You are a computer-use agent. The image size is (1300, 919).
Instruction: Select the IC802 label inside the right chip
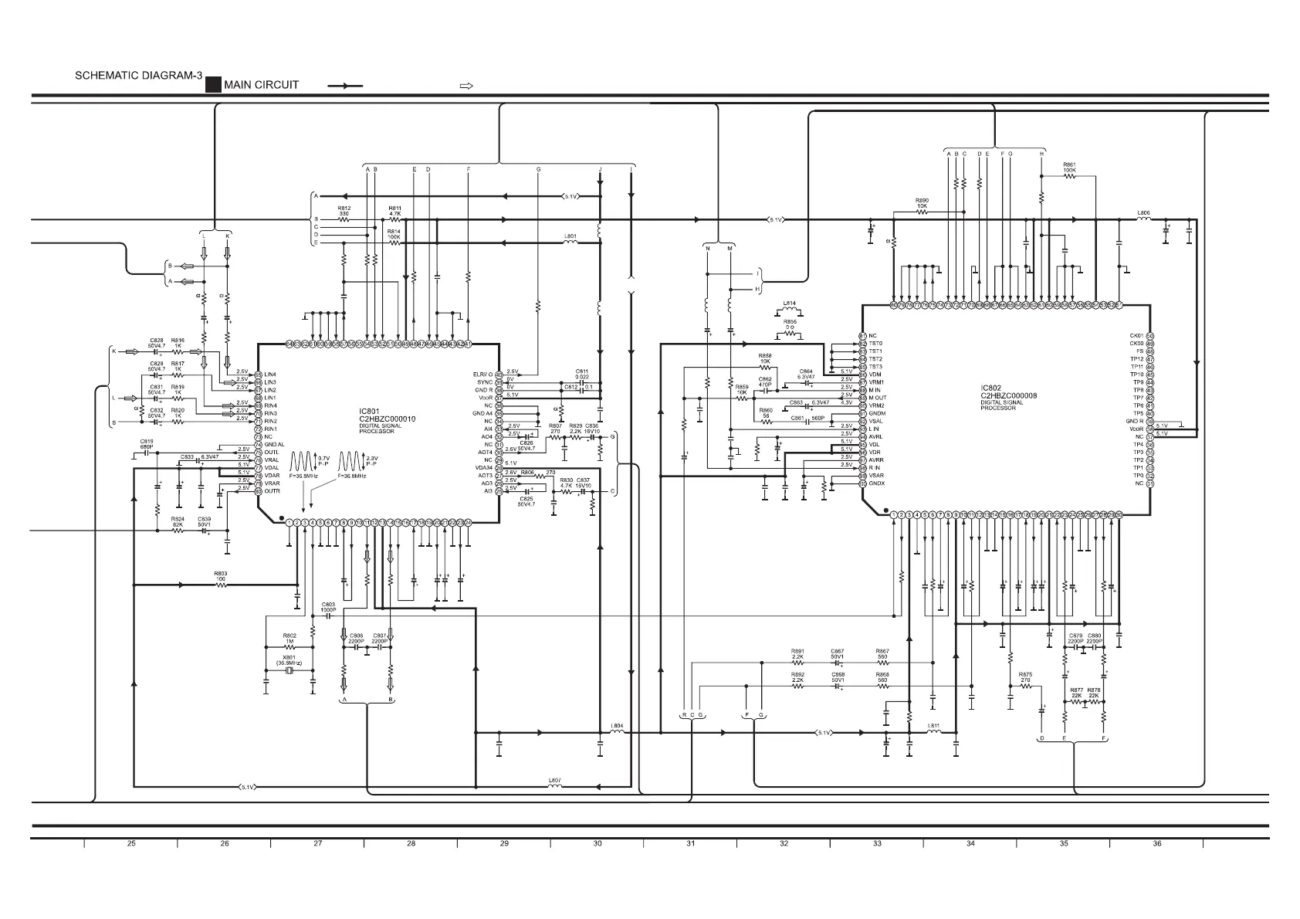click(990, 388)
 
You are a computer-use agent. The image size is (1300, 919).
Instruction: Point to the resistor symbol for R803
click(221, 585)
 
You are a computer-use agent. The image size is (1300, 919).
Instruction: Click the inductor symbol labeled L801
click(570, 242)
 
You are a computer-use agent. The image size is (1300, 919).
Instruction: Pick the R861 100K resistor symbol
click(1069, 176)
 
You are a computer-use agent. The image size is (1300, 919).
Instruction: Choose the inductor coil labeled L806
click(1144, 219)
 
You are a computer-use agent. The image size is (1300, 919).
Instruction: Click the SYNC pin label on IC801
click(484, 382)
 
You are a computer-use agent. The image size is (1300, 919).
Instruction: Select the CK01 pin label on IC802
click(1136, 336)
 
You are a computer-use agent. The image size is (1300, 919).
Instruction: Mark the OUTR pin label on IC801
click(272, 491)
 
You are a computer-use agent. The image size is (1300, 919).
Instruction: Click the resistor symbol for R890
click(922, 212)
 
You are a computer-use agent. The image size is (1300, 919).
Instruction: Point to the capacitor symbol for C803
click(327, 619)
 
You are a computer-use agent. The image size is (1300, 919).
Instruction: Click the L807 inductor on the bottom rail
click(554, 787)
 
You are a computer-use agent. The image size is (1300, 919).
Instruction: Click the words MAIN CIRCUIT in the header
click(261, 85)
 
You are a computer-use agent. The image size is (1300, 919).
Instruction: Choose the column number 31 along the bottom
click(690, 843)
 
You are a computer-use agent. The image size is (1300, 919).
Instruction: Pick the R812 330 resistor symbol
click(344, 219)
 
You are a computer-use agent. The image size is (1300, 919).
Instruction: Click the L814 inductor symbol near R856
click(790, 312)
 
